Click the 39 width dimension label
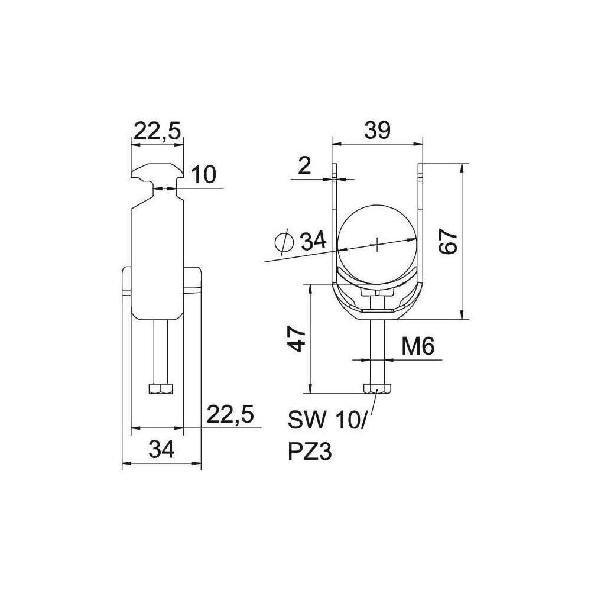pyautogui.click(x=377, y=131)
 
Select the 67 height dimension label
pyautogui.click(x=448, y=242)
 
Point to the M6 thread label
pyautogui.click(x=418, y=346)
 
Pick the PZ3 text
pyautogui.click(x=310, y=452)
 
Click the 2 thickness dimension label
pyautogui.click(x=304, y=165)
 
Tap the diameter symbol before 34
pyautogui.click(x=284, y=242)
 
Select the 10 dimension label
pyautogui.click(x=203, y=174)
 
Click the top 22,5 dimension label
pyautogui.click(x=158, y=131)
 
